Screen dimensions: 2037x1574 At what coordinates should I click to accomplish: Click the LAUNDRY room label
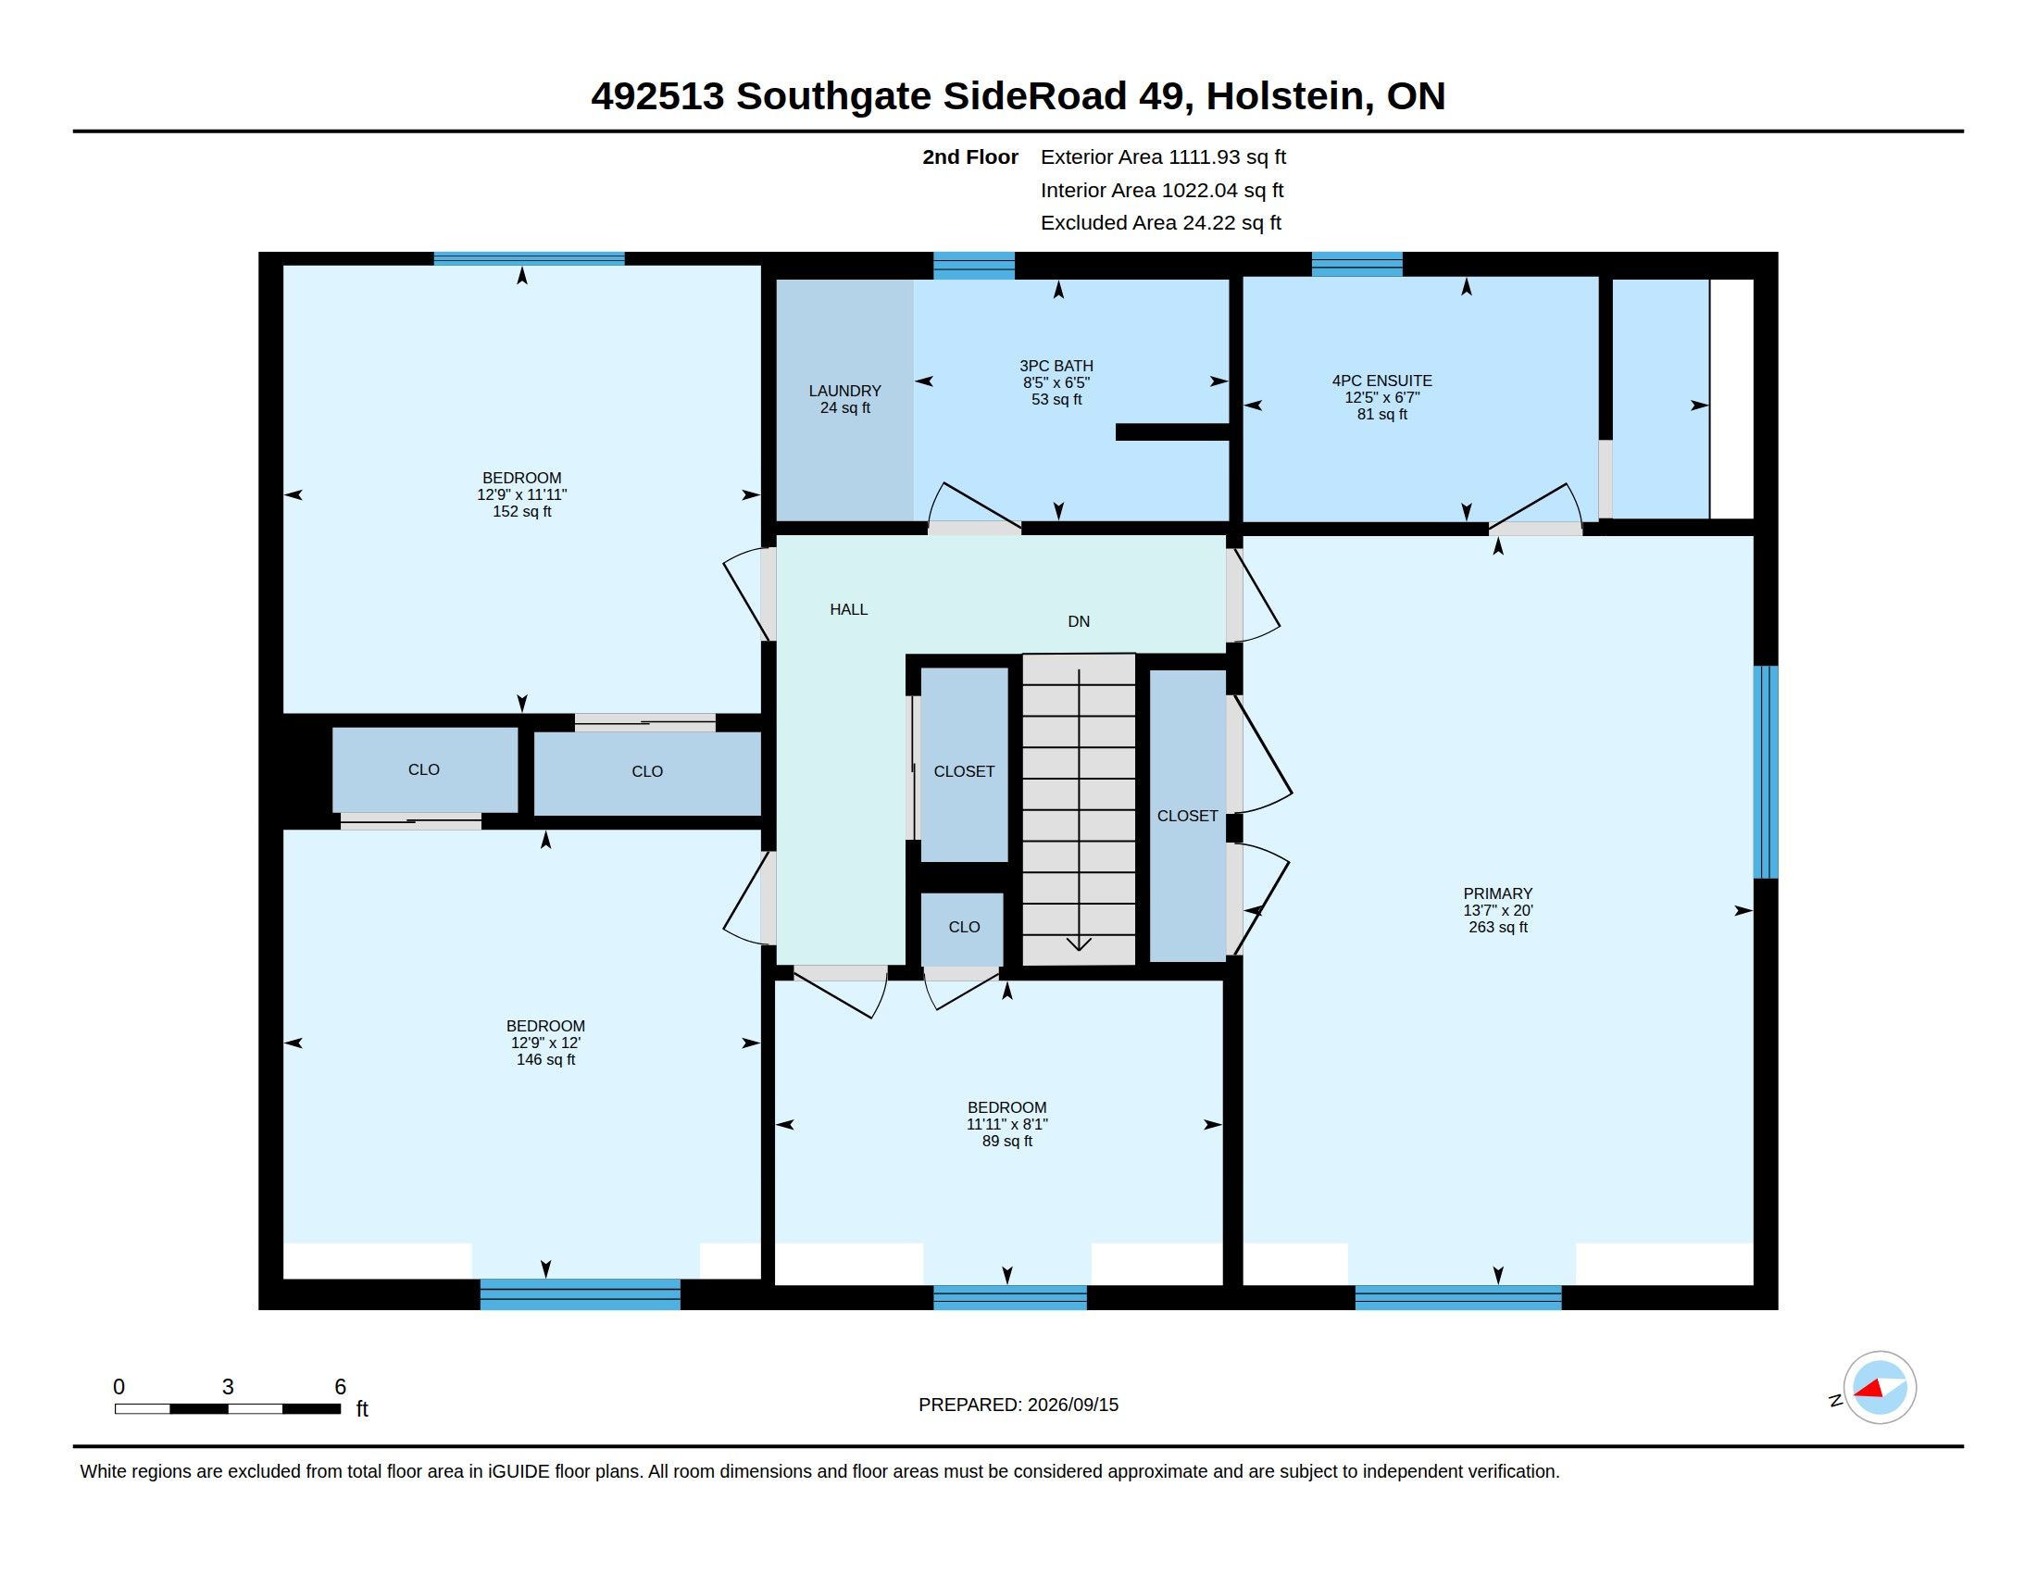pyautogui.click(x=845, y=391)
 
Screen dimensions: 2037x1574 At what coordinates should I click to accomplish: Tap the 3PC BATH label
pyautogui.click(x=1056, y=366)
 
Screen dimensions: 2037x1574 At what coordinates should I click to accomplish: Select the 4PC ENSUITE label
pyautogui.click(x=1381, y=381)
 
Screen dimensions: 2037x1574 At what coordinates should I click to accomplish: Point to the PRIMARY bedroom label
pyautogui.click(x=1498, y=893)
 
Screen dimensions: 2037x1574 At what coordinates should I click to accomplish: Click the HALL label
pyautogui.click(x=849, y=609)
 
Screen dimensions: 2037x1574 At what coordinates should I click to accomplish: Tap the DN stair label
pyautogui.click(x=1078, y=621)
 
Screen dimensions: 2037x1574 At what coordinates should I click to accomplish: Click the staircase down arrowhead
pyautogui.click(x=1079, y=943)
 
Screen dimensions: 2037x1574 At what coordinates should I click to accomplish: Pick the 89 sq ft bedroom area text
pyautogui.click(x=1007, y=1141)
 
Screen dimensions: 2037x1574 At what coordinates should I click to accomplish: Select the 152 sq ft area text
pyautogui.click(x=521, y=511)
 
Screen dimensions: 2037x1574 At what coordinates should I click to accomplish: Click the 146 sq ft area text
pyautogui.click(x=545, y=1059)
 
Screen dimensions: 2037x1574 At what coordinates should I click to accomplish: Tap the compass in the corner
pyautogui.click(x=1880, y=1388)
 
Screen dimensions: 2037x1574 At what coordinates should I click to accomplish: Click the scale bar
pyautogui.click(x=228, y=1408)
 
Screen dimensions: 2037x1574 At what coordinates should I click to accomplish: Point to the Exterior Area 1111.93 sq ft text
pyautogui.click(x=1163, y=156)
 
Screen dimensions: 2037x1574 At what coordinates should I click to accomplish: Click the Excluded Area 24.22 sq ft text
pyautogui.click(x=1161, y=222)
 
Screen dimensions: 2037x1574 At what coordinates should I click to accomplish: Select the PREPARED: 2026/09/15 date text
pyautogui.click(x=1018, y=1405)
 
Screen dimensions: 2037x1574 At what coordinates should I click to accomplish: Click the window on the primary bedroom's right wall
pyautogui.click(x=1766, y=772)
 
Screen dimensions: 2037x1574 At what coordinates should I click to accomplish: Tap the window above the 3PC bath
pyautogui.click(x=974, y=266)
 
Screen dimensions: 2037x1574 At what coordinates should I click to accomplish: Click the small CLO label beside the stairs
pyautogui.click(x=964, y=927)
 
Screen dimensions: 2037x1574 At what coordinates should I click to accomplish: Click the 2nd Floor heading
pyautogui.click(x=970, y=156)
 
